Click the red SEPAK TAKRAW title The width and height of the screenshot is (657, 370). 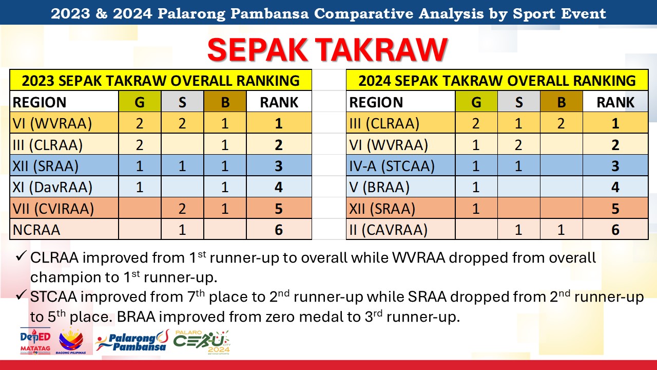(x=327, y=50)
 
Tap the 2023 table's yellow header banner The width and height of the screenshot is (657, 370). (x=161, y=80)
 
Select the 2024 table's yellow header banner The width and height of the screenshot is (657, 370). (x=497, y=80)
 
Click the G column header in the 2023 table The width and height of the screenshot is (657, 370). (x=140, y=102)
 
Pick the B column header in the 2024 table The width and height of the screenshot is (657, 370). (x=562, y=102)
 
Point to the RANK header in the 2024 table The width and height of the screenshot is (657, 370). (x=615, y=102)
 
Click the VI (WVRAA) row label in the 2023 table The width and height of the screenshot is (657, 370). (x=64, y=123)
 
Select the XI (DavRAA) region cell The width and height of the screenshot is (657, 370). (x=64, y=187)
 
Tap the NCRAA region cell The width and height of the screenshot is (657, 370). (x=64, y=229)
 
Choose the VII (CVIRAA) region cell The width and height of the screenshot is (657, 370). (x=64, y=208)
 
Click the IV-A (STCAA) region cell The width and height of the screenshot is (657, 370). (x=401, y=165)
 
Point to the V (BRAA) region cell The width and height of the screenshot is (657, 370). (x=401, y=187)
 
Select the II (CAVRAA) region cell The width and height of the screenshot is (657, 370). (x=401, y=229)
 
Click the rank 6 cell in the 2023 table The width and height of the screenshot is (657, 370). (x=279, y=229)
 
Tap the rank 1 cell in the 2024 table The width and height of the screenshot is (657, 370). (x=615, y=123)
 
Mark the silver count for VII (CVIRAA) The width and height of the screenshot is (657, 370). (x=182, y=208)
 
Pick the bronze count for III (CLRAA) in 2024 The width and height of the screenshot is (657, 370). (x=562, y=123)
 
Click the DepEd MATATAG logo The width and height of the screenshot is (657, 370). (x=35, y=341)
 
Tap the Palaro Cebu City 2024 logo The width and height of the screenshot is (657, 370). (x=202, y=342)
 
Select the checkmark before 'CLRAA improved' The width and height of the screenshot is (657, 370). (x=22, y=256)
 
